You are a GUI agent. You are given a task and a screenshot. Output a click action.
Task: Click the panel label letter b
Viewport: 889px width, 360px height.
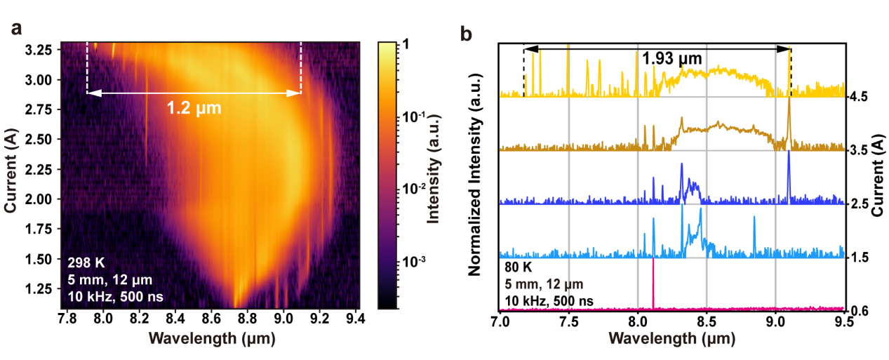[465, 33]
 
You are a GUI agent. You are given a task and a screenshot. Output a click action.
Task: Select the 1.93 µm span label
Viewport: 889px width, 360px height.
[669, 56]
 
